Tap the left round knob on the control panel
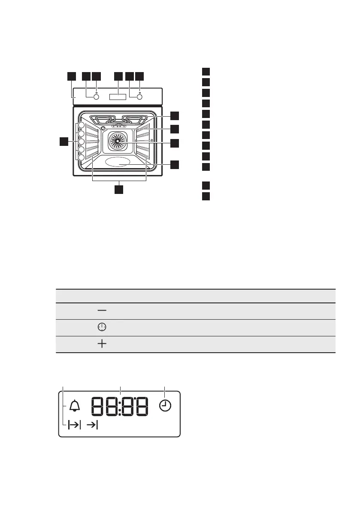coord(96,97)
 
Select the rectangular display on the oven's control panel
coord(118,97)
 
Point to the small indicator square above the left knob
coord(97,92)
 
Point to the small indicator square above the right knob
coord(140,92)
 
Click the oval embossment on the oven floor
coord(118,162)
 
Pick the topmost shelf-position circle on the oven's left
coord(81,127)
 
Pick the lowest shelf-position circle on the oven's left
coord(81,158)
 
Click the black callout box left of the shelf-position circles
coord(64,141)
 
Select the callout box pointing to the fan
coord(174,143)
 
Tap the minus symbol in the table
coord(102,310)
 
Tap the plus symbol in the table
coord(102,344)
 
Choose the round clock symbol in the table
coord(102,327)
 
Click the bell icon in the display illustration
coord(76,405)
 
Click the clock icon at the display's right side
coord(165,405)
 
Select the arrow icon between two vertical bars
coord(74,425)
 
